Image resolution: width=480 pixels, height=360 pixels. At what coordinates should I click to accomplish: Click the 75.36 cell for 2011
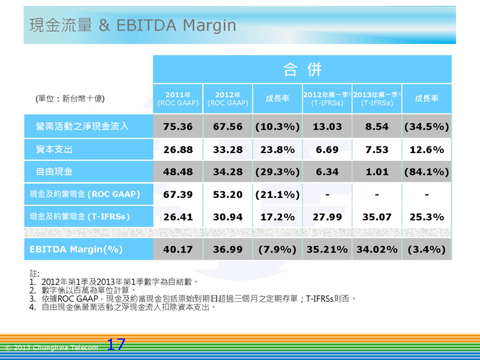178,127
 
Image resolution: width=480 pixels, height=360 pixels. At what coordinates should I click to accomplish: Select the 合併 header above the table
302,69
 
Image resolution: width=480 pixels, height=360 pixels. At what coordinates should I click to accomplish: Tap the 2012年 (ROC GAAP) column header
228,98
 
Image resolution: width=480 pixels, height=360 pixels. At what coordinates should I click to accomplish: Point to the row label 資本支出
54,149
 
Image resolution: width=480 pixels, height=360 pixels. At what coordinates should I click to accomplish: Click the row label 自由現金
54,172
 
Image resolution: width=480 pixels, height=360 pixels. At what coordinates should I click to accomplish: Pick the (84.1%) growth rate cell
427,172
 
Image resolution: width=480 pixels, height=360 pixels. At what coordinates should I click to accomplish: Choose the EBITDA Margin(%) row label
76,249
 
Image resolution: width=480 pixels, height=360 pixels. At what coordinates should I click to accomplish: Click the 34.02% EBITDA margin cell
377,249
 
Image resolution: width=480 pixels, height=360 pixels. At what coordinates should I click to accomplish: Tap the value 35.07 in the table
377,217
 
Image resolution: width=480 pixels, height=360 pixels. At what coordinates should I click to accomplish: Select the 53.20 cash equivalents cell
228,194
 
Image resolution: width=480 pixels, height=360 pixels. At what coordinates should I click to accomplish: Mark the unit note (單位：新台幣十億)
70,98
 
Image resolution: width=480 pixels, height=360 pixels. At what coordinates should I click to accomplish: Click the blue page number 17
116,344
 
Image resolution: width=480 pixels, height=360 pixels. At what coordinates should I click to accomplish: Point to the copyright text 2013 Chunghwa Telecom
52,347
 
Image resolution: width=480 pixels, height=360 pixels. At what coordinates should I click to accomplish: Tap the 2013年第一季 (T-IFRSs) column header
377,98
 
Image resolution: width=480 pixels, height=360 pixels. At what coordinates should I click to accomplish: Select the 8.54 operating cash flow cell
377,127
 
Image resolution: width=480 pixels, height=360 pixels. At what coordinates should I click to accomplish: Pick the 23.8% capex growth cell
277,149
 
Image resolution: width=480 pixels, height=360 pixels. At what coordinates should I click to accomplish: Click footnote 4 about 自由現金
123,307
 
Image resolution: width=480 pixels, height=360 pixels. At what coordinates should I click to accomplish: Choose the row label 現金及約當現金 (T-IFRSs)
80,217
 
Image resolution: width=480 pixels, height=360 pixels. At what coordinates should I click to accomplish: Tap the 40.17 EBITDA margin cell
178,249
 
